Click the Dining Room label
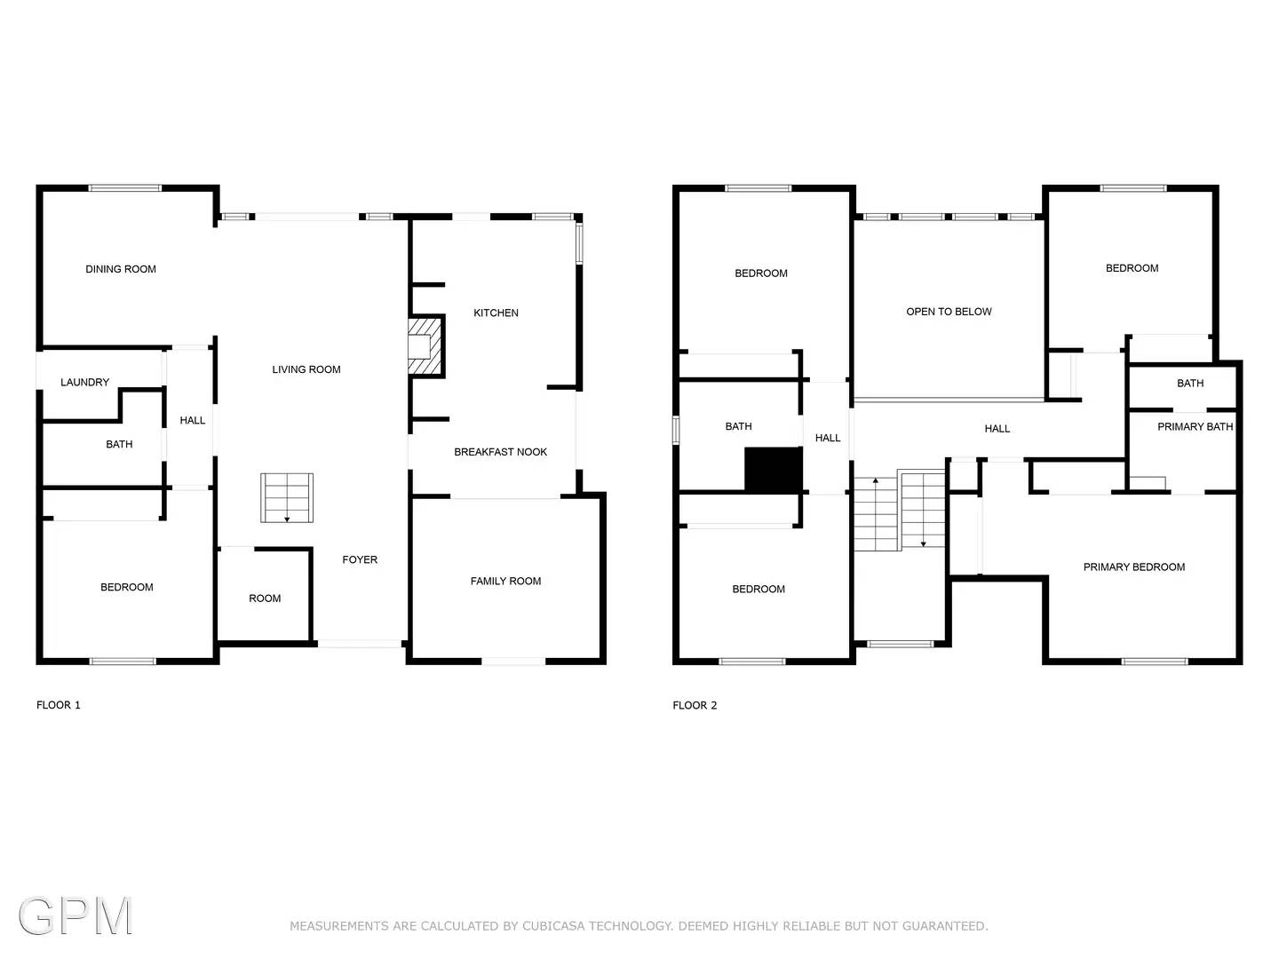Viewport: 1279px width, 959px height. [x=121, y=269]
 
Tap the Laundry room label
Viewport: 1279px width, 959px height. [x=85, y=383]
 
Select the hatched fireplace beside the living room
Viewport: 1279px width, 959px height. [x=424, y=346]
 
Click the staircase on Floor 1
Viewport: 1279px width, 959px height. [x=287, y=498]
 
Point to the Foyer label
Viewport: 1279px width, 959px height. [x=360, y=560]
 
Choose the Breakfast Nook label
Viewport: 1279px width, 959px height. [x=500, y=452]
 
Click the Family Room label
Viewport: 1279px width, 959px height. [x=505, y=582]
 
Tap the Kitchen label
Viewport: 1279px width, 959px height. [x=496, y=313]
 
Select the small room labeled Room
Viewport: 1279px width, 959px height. [x=265, y=598]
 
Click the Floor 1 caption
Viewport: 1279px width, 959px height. [x=59, y=705]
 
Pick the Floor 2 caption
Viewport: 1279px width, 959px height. [x=695, y=705]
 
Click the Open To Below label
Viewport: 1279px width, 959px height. [x=949, y=312]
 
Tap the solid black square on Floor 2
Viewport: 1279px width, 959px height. [x=773, y=470]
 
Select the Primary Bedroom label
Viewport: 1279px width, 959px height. [x=1133, y=567]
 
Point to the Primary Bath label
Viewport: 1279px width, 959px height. [x=1195, y=427]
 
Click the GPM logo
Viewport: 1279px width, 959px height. [x=75, y=915]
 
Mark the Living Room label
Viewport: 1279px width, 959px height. [x=306, y=369]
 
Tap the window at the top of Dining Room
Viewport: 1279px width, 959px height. [x=125, y=188]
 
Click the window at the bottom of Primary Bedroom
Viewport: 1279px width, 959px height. [x=1154, y=662]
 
